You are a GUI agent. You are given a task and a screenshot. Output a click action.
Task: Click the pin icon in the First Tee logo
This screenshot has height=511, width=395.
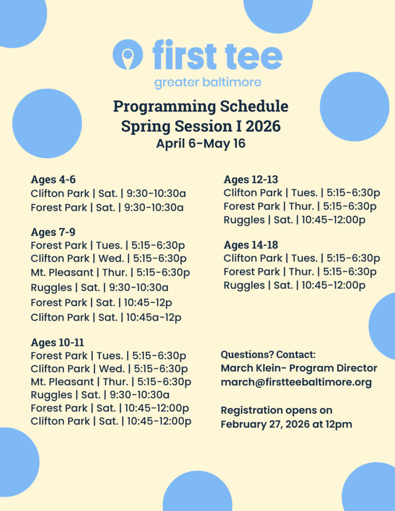(128, 54)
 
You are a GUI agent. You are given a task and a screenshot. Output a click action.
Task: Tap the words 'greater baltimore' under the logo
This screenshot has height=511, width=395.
(208, 82)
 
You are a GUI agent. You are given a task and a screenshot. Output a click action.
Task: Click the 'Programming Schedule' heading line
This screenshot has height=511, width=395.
(201, 107)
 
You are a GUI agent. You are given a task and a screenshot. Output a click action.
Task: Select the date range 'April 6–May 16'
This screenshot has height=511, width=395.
(201, 143)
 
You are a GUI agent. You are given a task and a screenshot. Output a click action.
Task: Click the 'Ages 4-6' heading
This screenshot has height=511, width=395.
(53, 180)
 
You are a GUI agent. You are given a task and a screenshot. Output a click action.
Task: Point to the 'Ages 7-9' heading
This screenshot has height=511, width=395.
(53, 232)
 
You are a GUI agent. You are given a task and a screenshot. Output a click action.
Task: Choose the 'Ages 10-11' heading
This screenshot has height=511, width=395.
(57, 342)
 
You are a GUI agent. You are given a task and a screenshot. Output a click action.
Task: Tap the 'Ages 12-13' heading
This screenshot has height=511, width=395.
(251, 180)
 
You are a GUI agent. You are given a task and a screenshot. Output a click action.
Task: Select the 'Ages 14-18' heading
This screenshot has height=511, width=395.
(251, 245)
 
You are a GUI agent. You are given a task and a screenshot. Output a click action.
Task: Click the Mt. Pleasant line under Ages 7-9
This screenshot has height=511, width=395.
(110, 272)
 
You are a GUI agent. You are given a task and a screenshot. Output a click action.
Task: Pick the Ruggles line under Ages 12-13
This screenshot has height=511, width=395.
(295, 220)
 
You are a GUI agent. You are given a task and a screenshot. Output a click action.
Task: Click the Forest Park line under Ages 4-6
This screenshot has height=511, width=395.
(107, 208)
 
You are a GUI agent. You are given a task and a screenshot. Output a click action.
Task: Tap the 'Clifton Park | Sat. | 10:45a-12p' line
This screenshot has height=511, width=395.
(106, 317)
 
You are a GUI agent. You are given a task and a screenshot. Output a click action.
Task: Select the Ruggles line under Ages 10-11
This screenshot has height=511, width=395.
(100, 395)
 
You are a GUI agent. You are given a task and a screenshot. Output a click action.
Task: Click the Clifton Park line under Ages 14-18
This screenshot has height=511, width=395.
(302, 258)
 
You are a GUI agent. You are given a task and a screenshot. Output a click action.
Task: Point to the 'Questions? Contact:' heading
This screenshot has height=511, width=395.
(268, 355)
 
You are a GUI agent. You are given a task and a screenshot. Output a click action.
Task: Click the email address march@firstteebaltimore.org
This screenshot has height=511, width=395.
(296, 382)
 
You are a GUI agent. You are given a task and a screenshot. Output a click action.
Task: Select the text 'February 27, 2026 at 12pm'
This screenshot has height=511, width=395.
(286, 424)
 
